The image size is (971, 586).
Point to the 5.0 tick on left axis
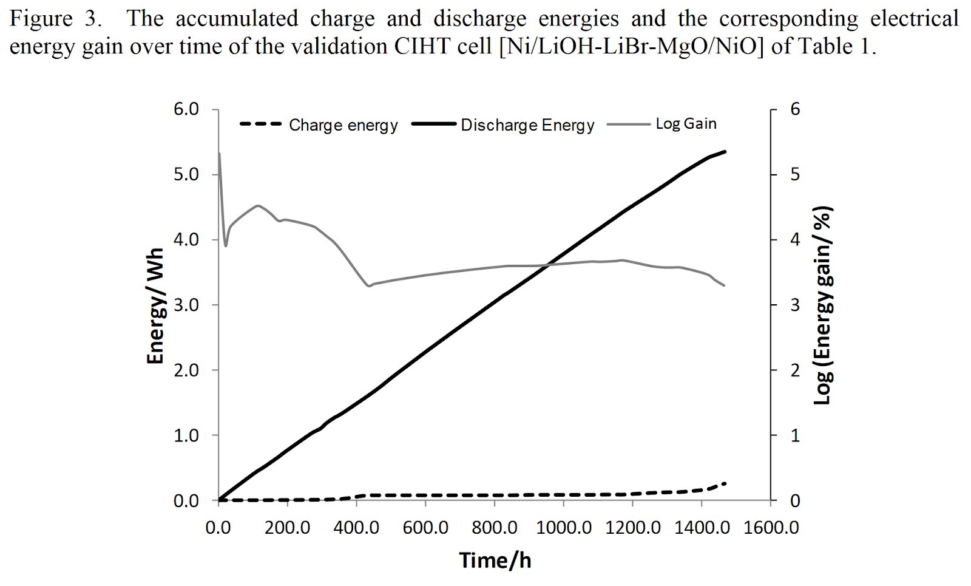(x=186, y=175)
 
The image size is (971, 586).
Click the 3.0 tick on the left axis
(x=186, y=305)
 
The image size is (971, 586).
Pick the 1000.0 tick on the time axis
(x=564, y=528)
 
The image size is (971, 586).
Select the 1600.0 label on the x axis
(x=771, y=528)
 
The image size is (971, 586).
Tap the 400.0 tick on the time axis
(x=356, y=528)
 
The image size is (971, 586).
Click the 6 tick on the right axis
(x=795, y=109)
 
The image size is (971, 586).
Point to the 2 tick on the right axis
(x=795, y=370)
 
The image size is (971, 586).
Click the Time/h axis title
(x=495, y=560)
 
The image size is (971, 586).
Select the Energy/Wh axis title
(x=156, y=305)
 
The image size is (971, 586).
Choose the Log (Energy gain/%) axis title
(x=823, y=305)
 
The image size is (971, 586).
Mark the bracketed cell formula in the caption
(x=631, y=46)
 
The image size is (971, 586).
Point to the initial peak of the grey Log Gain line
(x=219, y=154)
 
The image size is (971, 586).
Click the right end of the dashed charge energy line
(x=725, y=483)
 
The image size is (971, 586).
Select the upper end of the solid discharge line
(x=725, y=151)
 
